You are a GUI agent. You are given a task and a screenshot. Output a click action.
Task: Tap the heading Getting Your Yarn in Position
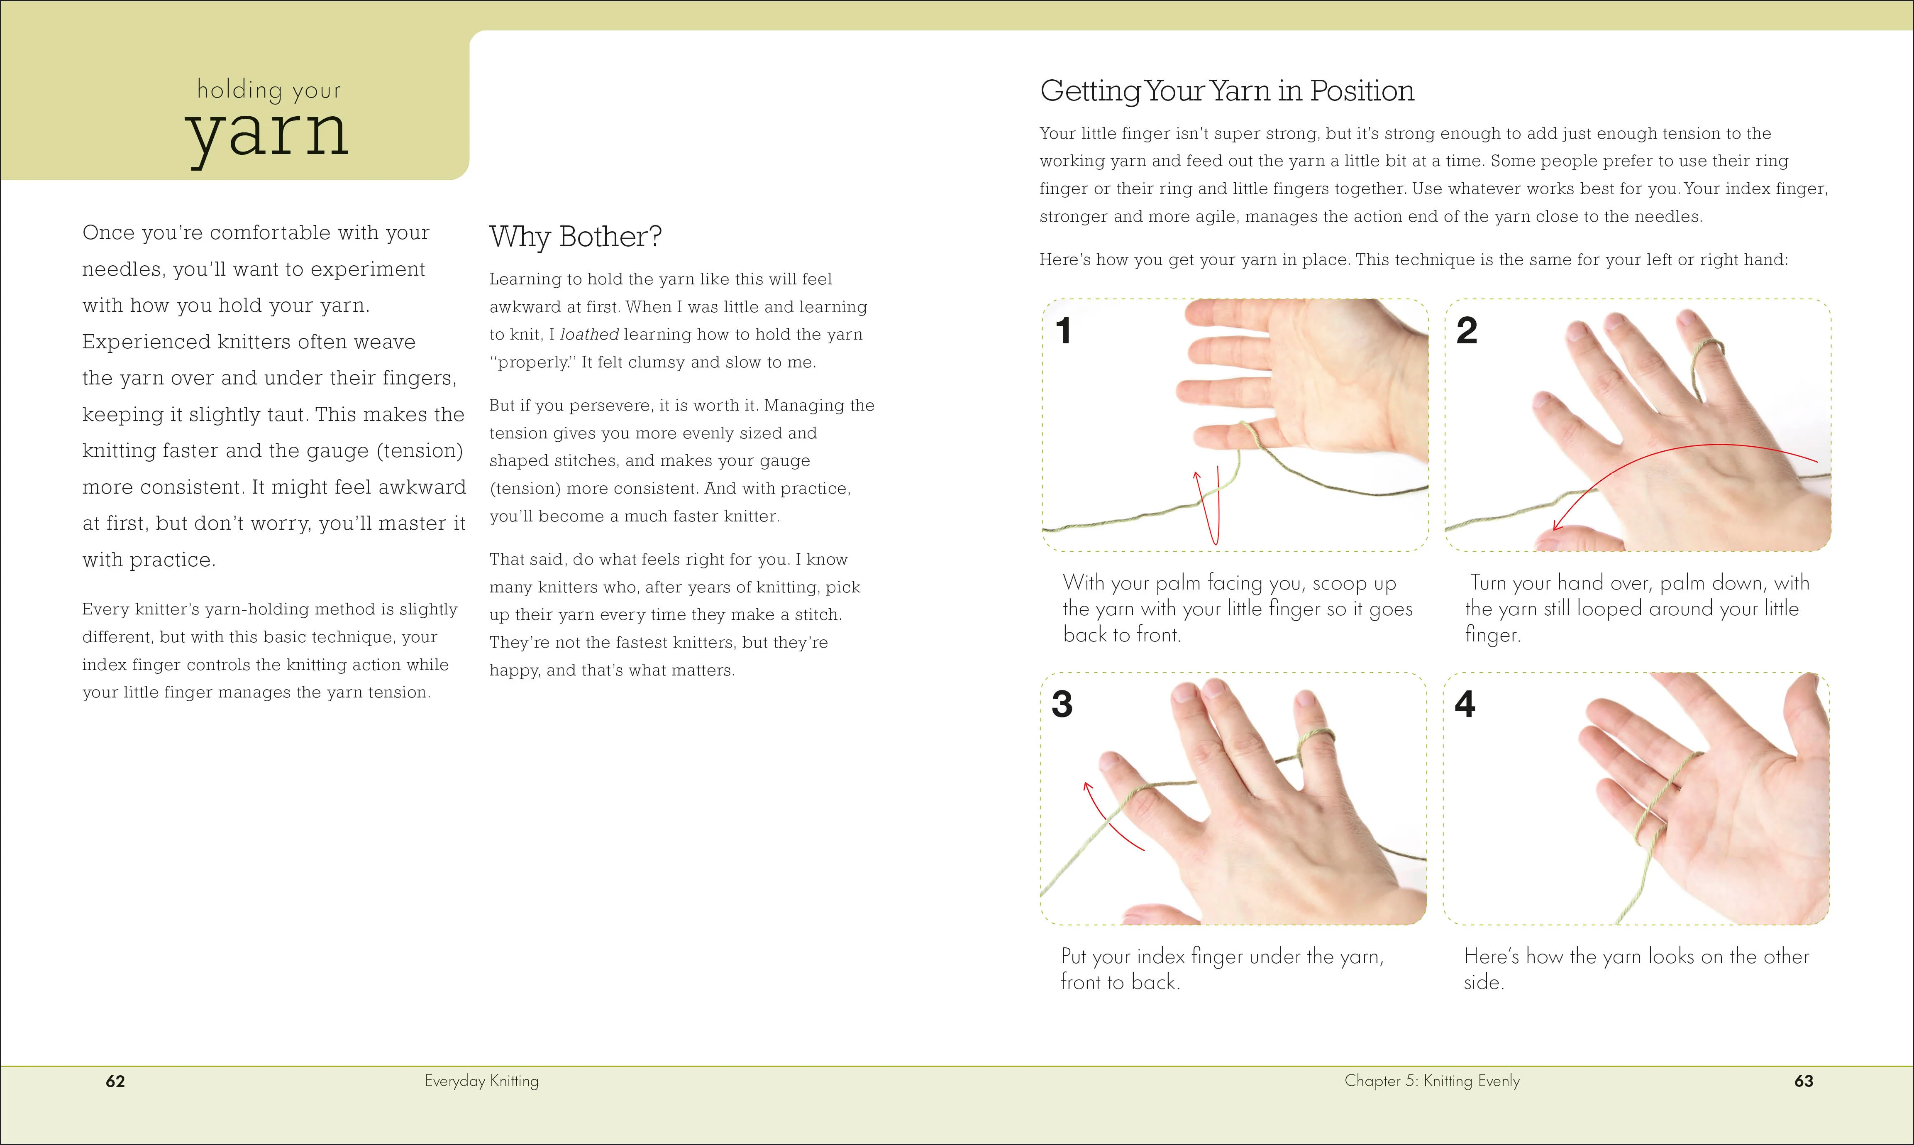pos(1227,91)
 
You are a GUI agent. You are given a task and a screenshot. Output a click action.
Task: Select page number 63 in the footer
pos(1803,1081)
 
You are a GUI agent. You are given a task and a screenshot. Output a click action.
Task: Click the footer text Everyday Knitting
pos(481,1081)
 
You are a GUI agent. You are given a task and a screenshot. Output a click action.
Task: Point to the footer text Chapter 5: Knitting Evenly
pos(1431,1081)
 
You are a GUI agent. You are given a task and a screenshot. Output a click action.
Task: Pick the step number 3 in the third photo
pos(1062,705)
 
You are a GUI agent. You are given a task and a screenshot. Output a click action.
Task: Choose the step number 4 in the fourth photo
pos(1465,705)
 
